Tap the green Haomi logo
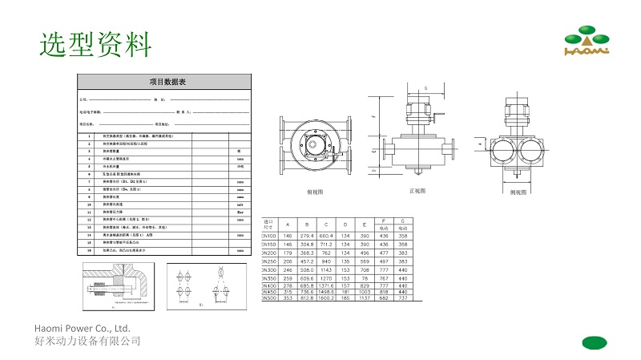pos(587,42)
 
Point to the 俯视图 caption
pos(315,193)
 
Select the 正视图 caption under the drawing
pos(417,191)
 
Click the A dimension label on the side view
pos(480,145)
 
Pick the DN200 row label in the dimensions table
pos(268,253)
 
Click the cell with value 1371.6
pos(326,286)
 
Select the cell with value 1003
pos(365,293)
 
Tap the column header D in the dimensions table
pos(345,224)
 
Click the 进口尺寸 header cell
pos(268,224)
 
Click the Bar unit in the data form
pos(240,212)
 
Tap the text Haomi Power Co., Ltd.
pos(83,329)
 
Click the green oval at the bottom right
pos(595,342)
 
